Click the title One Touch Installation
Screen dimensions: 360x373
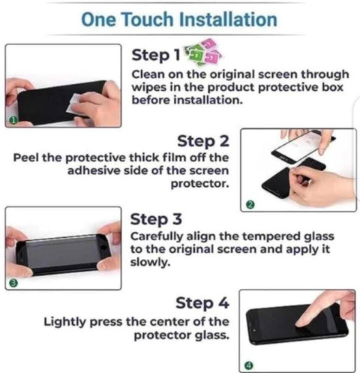tap(179, 20)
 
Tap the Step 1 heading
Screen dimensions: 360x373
tap(156, 55)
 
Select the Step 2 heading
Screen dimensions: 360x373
tap(203, 141)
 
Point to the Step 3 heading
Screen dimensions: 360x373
tap(156, 219)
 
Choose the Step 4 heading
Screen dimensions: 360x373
tap(202, 303)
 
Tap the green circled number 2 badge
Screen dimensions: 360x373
tap(250, 205)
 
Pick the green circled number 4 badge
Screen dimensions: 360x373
tap(249, 365)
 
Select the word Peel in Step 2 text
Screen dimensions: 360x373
tap(25, 158)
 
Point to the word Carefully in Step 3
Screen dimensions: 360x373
tap(157, 236)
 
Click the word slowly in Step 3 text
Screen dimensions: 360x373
tap(150, 263)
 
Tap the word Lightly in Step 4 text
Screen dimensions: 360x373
tap(64, 322)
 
